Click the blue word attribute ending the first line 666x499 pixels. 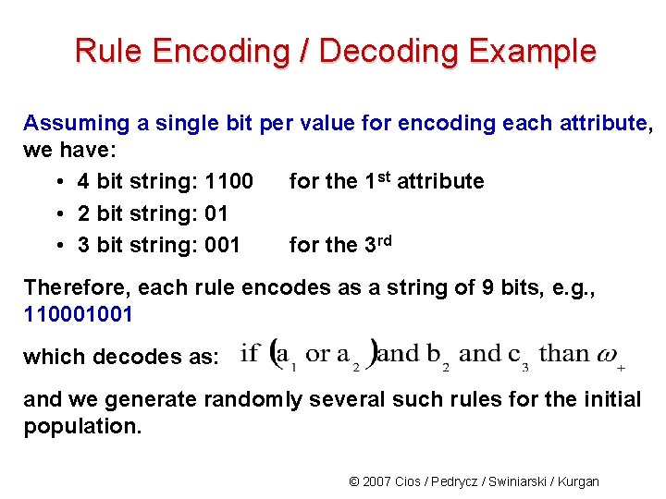(602, 123)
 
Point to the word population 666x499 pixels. (82, 426)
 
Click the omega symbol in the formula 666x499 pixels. (607, 353)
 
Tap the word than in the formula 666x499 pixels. (563, 353)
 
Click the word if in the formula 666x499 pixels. (249, 353)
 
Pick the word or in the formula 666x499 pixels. (317, 353)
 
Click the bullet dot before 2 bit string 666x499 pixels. (58, 213)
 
